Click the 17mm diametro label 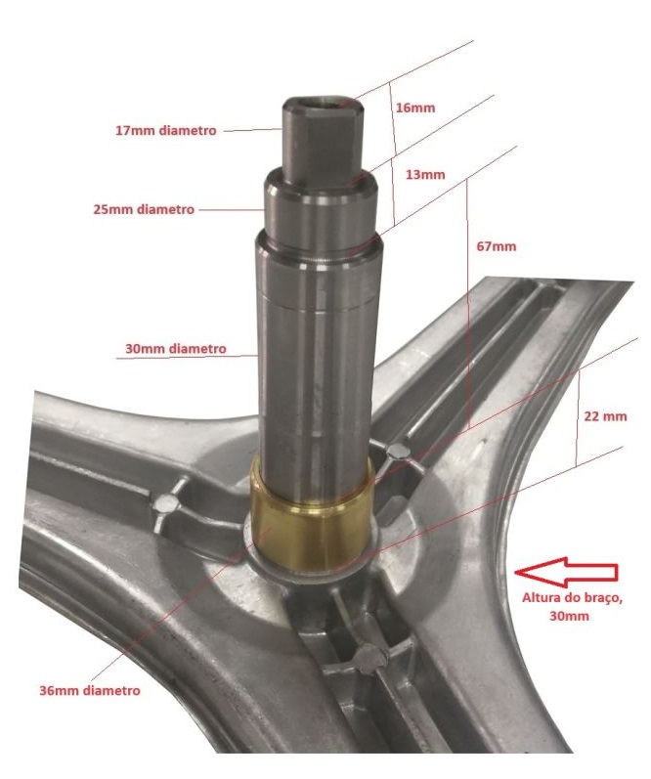(166, 131)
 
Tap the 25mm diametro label (144, 209)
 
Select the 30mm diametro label (175, 349)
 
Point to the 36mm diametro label (90, 691)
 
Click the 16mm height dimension (415, 108)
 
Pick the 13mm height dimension (425, 175)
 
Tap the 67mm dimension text (497, 246)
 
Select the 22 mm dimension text (605, 416)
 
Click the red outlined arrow (566, 573)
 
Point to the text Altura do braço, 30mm (572, 607)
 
